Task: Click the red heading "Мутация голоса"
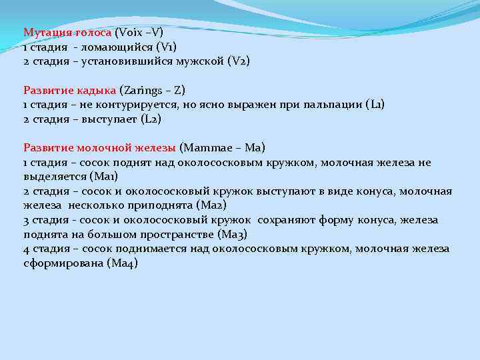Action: [67, 32]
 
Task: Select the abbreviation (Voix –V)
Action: [139, 32]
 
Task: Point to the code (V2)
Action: [239, 61]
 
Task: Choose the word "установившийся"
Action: [127, 61]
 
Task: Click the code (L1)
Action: [375, 105]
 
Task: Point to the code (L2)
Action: [151, 119]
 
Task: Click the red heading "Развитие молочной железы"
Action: [99, 148]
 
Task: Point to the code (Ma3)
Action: [233, 235]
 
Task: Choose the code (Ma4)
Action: [122, 263]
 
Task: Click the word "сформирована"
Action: [63, 263]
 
